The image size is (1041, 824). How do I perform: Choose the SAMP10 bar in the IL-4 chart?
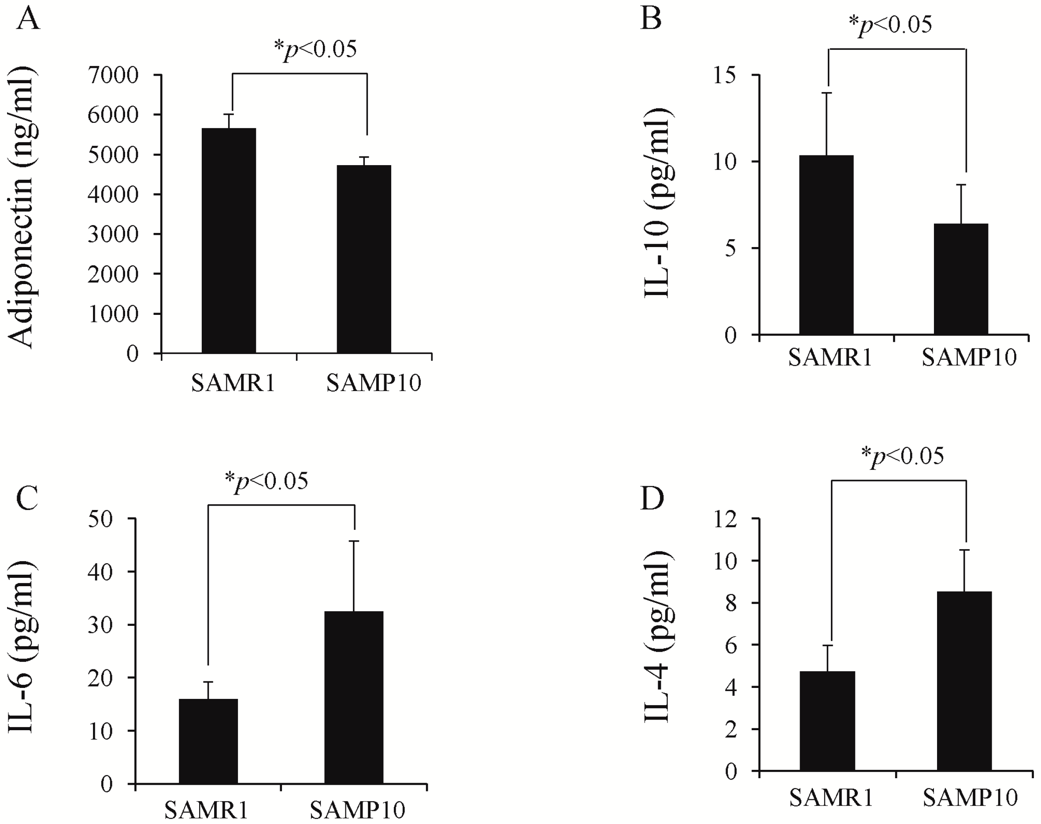pos(964,681)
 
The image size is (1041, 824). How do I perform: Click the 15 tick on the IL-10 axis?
pos(726,75)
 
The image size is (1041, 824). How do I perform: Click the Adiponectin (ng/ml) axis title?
pos(22,207)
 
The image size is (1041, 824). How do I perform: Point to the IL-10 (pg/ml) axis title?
pos(658,203)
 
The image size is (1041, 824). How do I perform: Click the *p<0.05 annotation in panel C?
pos(267,480)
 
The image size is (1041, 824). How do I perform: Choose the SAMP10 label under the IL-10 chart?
pos(969,358)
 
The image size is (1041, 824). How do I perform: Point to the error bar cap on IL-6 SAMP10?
pos(354,541)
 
